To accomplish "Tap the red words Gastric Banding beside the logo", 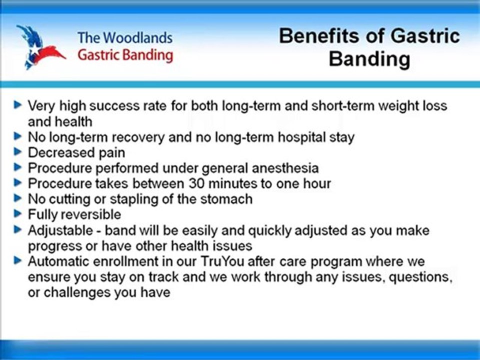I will coord(125,54).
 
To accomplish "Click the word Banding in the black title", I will coord(369,59).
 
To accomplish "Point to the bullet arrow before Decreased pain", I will coord(18,151).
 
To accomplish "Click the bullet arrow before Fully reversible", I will coord(18,213).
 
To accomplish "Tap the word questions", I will coord(420,277).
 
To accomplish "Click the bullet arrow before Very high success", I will coord(18,105).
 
